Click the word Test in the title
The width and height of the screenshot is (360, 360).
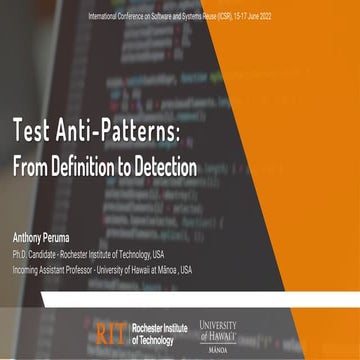tap(36, 131)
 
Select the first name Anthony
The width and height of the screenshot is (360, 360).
tap(29, 240)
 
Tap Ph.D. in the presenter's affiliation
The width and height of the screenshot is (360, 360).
tap(21, 256)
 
